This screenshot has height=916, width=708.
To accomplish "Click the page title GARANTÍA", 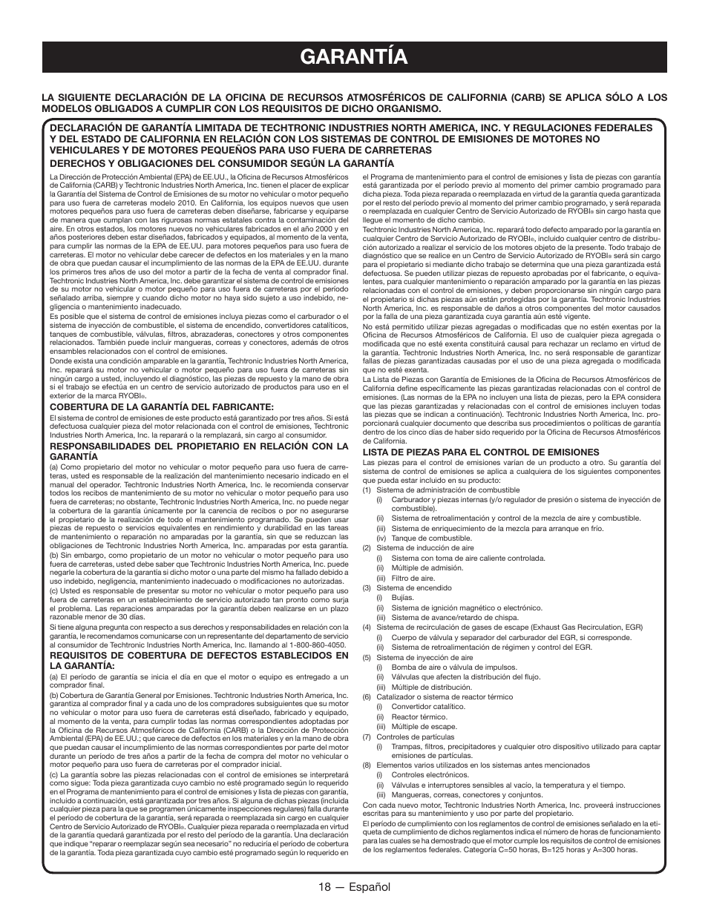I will tap(354, 56).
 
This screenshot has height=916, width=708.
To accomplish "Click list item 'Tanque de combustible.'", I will tap(421, 538).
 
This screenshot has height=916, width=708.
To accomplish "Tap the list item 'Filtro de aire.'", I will tap(413, 578).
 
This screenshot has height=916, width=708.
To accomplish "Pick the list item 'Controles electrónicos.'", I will tap(430, 775).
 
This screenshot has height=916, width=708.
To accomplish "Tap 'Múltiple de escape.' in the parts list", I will tap(424, 726).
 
